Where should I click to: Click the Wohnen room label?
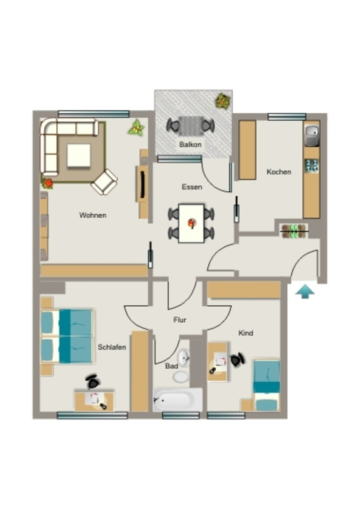coord(93,215)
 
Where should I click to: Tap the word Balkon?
coord(190,145)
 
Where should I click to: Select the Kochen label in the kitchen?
coord(279,171)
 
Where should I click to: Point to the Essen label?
coord(192,187)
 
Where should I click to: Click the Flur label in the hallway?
coord(180,320)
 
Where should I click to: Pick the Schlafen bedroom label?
coord(112,347)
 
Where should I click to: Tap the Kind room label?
coord(246,333)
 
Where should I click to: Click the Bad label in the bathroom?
coord(172,366)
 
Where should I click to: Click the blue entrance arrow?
coord(305,291)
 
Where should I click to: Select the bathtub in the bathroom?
coord(178,400)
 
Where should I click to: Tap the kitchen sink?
coord(312,135)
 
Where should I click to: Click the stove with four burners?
coord(312,166)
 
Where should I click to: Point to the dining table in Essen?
coord(191,223)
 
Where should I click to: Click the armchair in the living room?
coord(104,182)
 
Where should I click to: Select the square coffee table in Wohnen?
coord(79,156)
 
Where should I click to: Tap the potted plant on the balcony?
coord(223,100)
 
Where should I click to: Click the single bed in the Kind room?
coord(267,385)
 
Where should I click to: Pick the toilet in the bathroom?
coord(180,377)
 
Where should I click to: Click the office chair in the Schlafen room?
coord(93,382)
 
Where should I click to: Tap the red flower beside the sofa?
coord(48,183)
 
